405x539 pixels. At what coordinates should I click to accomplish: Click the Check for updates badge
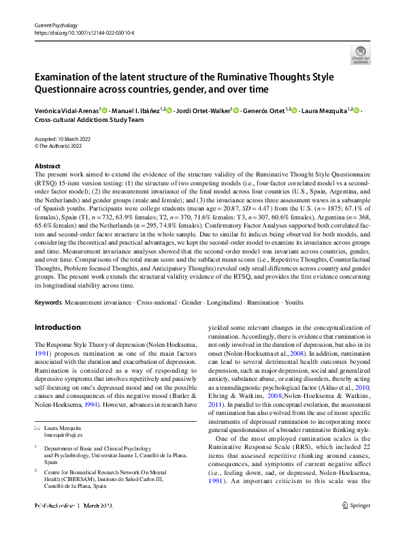tap(360, 54)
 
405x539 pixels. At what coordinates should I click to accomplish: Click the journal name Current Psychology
tap(56, 25)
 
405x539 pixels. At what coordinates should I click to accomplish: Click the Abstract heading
tap(47, 166)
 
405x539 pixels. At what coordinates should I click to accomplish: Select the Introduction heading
tap(57, 327)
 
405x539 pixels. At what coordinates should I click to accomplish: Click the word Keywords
tap(49, 301)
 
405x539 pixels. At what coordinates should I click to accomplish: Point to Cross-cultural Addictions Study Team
tap(88, 120)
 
